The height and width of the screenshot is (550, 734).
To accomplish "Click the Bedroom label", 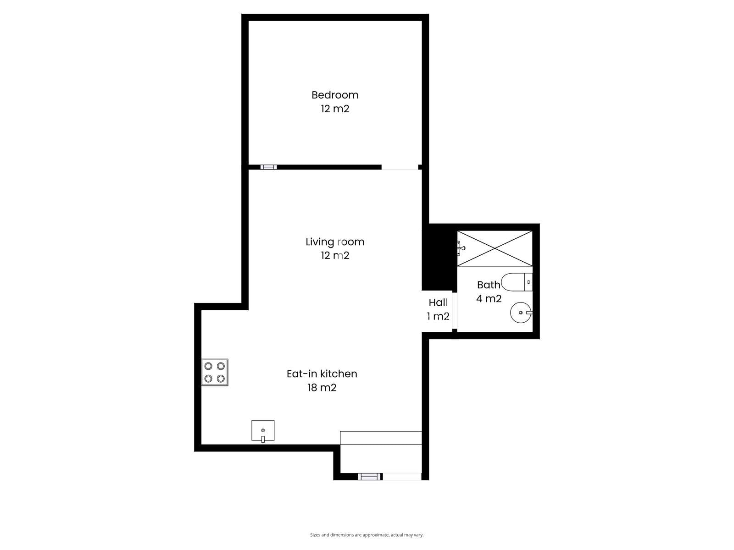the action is tap(335, 95).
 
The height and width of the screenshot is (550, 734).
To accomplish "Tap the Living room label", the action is tap(335, 242).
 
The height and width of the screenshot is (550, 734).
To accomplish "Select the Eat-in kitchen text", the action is tap(322, 374).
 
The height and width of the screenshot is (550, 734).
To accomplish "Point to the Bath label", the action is tap(489, 285).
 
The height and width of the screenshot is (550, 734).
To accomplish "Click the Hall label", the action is tap(438, 302).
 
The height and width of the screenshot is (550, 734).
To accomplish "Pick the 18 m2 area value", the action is tap(322, 388).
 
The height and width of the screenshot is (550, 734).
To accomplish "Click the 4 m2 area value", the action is tap(489, 298).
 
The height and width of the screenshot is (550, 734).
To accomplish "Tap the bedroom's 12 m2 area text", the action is tap(335, 109).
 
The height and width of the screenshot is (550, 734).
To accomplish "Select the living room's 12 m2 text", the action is tap(335, 255).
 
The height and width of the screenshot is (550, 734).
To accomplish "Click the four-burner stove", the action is tap(215, 372).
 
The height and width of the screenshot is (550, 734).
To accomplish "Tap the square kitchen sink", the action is tap(263, 430).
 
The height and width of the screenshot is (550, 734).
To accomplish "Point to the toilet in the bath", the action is tap(517, 282).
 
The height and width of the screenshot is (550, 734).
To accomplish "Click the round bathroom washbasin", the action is tap(521, 313).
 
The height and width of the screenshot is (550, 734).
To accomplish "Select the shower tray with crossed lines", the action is tap(495, 248).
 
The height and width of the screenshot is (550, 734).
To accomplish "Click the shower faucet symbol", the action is tap(462, 248).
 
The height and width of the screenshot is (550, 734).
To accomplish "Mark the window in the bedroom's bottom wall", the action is tap(268, 167).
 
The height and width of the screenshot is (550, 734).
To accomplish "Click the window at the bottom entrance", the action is tap(369, 477).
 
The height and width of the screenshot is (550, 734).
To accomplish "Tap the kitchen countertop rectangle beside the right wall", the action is tap(381, 438).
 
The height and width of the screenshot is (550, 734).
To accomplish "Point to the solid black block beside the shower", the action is tap(439, 257).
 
